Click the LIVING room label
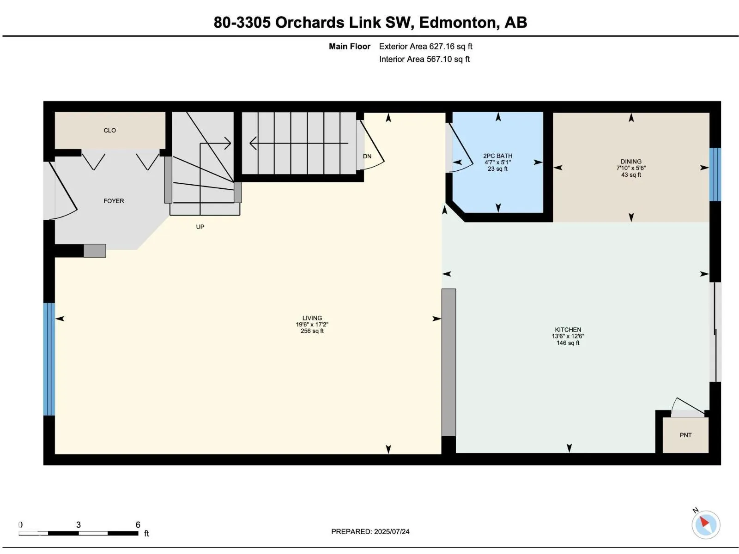coord(312,318)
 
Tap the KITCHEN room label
coord(568,330)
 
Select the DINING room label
coord(631,162)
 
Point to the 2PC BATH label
coord(497,156)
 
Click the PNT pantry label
coord(685,435)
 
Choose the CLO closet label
coord(110,130)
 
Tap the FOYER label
coord(114,201)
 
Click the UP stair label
coord(200,227)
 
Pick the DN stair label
coord(367,156)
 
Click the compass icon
coord(705,524)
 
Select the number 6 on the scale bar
coord(138,524)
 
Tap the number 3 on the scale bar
coord(79,524)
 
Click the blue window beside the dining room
coord(715,174)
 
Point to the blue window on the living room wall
coord(49,359)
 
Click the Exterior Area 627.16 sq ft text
coord(425,47)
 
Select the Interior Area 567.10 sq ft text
coord(424,59)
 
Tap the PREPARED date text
coord(370,531)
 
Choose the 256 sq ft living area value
coord(312,331)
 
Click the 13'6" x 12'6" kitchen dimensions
coord(568,336)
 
